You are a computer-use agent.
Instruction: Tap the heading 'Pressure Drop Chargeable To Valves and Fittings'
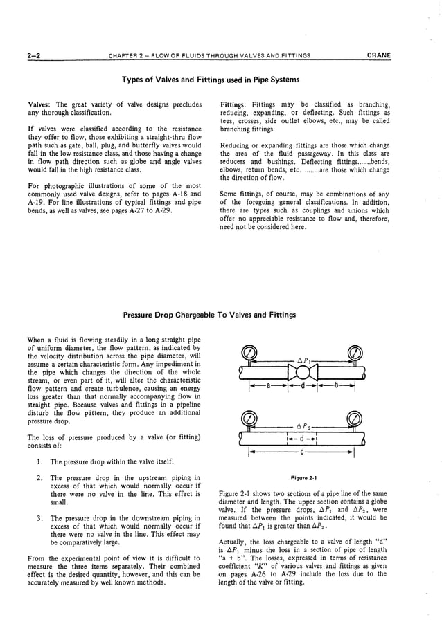pos(209,315)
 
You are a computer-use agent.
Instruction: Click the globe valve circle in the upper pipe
pos(303,373)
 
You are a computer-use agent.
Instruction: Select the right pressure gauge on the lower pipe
pos(355,419)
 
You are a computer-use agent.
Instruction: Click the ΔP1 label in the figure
pos(302,361)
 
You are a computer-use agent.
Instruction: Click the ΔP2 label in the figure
pos(302,427)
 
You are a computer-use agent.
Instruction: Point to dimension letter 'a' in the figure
pos(267,386)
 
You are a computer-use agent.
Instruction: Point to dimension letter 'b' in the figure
pos(335,386)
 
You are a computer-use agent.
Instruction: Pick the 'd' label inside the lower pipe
pos(301,438)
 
